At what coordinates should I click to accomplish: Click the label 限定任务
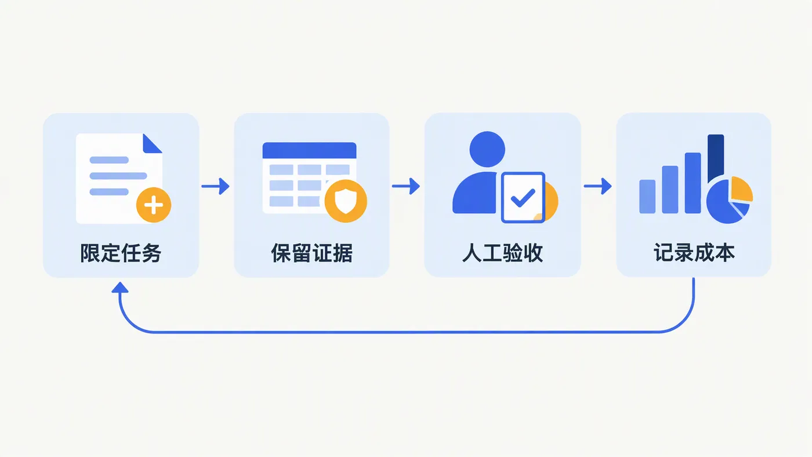click(121, 253)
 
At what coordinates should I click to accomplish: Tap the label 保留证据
click(312, 253)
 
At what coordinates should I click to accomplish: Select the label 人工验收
click(503, 253)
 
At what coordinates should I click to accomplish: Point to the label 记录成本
click(694, 253)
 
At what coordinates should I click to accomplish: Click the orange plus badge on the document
click(154, 205)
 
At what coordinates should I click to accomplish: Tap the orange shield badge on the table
click(346, 201)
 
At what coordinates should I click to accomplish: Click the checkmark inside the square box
click(523, 198)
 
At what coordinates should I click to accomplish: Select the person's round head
click(487, 149)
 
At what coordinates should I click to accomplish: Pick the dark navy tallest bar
click(716, 158)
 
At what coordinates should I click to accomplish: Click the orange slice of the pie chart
click(741, 188)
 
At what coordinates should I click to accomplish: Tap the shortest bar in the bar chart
click(647, 197)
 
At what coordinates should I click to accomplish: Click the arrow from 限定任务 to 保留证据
click(215, 186)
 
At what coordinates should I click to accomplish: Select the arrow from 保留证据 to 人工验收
click(406, 186)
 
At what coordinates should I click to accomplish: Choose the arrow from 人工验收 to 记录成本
click(598, 186)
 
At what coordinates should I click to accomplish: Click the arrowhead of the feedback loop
click(120, 288)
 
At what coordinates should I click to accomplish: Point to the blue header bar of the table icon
click(309, 150)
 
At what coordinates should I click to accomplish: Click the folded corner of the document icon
click(152, 143)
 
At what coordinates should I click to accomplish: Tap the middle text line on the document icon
click(118, 176)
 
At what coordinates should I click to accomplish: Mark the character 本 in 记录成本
click(724, 253)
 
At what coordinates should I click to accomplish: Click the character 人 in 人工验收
click(472, 253)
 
